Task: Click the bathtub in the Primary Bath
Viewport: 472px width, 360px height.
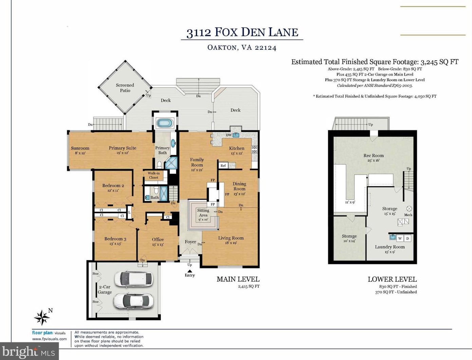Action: click(165, 123)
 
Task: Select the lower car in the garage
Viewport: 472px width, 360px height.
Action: click(133, 301)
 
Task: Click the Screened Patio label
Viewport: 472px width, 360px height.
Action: click(125, 88)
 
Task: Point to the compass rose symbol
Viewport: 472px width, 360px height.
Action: click(42, 317)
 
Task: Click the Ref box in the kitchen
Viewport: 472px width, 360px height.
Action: click(223, 165)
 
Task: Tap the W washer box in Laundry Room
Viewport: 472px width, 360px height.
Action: click(400, 238)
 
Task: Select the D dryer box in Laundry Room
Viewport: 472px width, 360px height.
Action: click(408, 238)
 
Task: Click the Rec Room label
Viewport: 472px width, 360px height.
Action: click(374, 156)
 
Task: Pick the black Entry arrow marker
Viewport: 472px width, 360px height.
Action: click(189, 271)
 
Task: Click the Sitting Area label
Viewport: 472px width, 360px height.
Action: click(203, 213)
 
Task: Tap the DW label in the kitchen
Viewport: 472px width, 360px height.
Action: click(229, 135)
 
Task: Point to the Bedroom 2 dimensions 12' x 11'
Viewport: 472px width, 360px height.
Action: click(113, 190)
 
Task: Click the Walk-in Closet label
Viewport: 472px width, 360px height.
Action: click(153, 175)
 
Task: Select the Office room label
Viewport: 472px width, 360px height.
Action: click(158, 239)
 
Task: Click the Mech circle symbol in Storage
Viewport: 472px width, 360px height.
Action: click(409, 208)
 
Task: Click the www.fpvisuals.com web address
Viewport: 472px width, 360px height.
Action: click(50, 339)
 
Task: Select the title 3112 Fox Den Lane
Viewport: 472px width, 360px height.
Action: click(242, 33)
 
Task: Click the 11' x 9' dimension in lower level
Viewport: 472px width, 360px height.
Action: click(350, 202)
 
